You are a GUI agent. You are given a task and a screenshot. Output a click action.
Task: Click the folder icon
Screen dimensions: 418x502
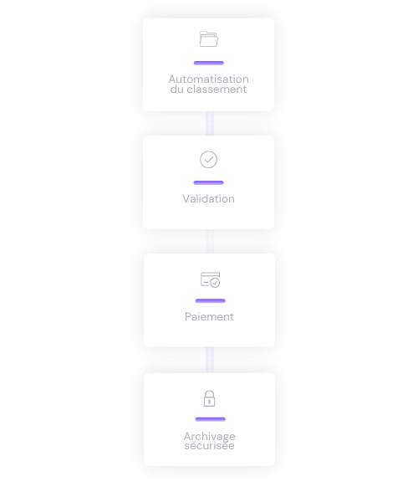click(209, 39)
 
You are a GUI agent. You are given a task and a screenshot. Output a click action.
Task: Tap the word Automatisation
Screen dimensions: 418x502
click(208, 79)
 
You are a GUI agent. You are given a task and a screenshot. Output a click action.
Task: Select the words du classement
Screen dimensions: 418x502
click(208, 89)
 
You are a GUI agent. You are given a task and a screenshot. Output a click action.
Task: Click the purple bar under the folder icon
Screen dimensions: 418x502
click(209, 63)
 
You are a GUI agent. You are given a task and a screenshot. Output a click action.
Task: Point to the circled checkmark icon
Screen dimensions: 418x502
click(208, 160)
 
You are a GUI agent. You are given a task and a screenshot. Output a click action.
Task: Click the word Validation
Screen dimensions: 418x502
click(208, 199)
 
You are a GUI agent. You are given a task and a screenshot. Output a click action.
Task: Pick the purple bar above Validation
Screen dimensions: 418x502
click(208, 182)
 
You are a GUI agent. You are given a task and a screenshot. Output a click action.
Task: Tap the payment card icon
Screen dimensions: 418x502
click(210, 279)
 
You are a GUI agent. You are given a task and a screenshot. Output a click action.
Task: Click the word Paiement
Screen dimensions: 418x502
click(209, 316)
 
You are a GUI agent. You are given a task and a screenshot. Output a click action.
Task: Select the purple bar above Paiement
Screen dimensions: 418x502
click(211, 301)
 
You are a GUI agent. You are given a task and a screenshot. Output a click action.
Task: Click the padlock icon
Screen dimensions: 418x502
click(210, 398)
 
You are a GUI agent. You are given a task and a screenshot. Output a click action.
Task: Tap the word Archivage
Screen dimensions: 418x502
click(210, 436)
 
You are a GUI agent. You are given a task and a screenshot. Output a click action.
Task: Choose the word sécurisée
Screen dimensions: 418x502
click(210, 445)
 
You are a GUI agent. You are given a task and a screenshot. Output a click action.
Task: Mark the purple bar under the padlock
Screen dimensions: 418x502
click(211, 419)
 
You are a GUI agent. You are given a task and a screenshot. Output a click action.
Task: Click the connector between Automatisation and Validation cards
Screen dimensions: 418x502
click(210, 124)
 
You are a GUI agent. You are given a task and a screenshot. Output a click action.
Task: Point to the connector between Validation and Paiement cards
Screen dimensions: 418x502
click(210, 242)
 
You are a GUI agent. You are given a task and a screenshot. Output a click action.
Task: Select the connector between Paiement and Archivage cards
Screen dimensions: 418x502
click(210, 360)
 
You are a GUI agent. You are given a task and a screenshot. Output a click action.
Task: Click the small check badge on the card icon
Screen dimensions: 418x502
click(215, 283)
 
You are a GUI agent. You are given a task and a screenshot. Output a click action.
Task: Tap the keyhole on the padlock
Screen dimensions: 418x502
click(210, 402)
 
